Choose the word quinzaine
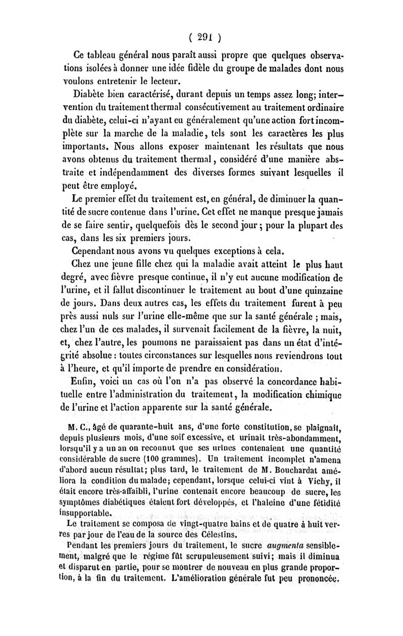tap(319, 291)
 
